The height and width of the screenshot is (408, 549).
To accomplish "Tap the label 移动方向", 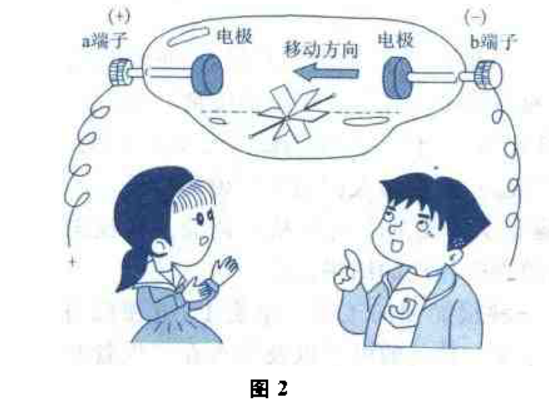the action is coord(320,49).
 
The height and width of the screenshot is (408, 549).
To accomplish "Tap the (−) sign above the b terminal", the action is coord(476,19).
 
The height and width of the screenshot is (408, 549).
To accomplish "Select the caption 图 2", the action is coord(268,389).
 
